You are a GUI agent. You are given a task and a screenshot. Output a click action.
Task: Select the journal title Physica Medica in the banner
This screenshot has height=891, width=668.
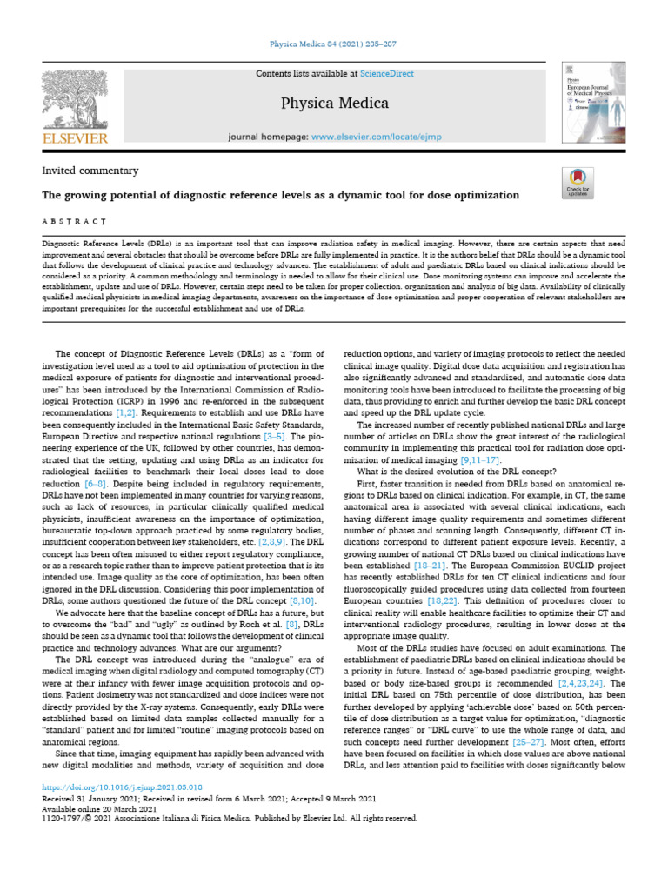pyautogui.click(x=334, y=104)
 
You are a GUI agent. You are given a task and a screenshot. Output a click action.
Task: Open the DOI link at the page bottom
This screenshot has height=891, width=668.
pyautogui.click(x=116, y=786)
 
